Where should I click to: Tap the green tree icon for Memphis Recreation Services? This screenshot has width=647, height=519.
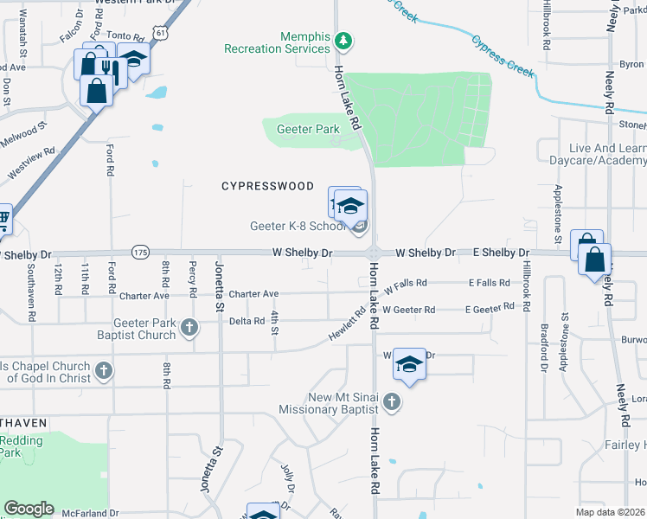(344, 40)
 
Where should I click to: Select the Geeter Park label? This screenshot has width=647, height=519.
(308, 130)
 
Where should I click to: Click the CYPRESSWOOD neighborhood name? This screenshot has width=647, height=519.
(267, 186)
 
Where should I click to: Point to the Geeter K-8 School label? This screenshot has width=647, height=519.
(298, 227)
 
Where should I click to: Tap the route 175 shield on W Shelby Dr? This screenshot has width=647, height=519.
(141, 252)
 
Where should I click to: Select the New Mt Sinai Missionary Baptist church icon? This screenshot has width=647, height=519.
(392, 400)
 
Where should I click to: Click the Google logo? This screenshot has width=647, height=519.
(29, 509)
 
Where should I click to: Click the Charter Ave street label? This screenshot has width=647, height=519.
(253, 294)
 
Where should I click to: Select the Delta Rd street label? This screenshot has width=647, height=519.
(247, 321)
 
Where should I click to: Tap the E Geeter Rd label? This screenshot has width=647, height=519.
(490, 309)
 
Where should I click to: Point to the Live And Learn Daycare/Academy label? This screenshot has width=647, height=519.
(597, 154)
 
